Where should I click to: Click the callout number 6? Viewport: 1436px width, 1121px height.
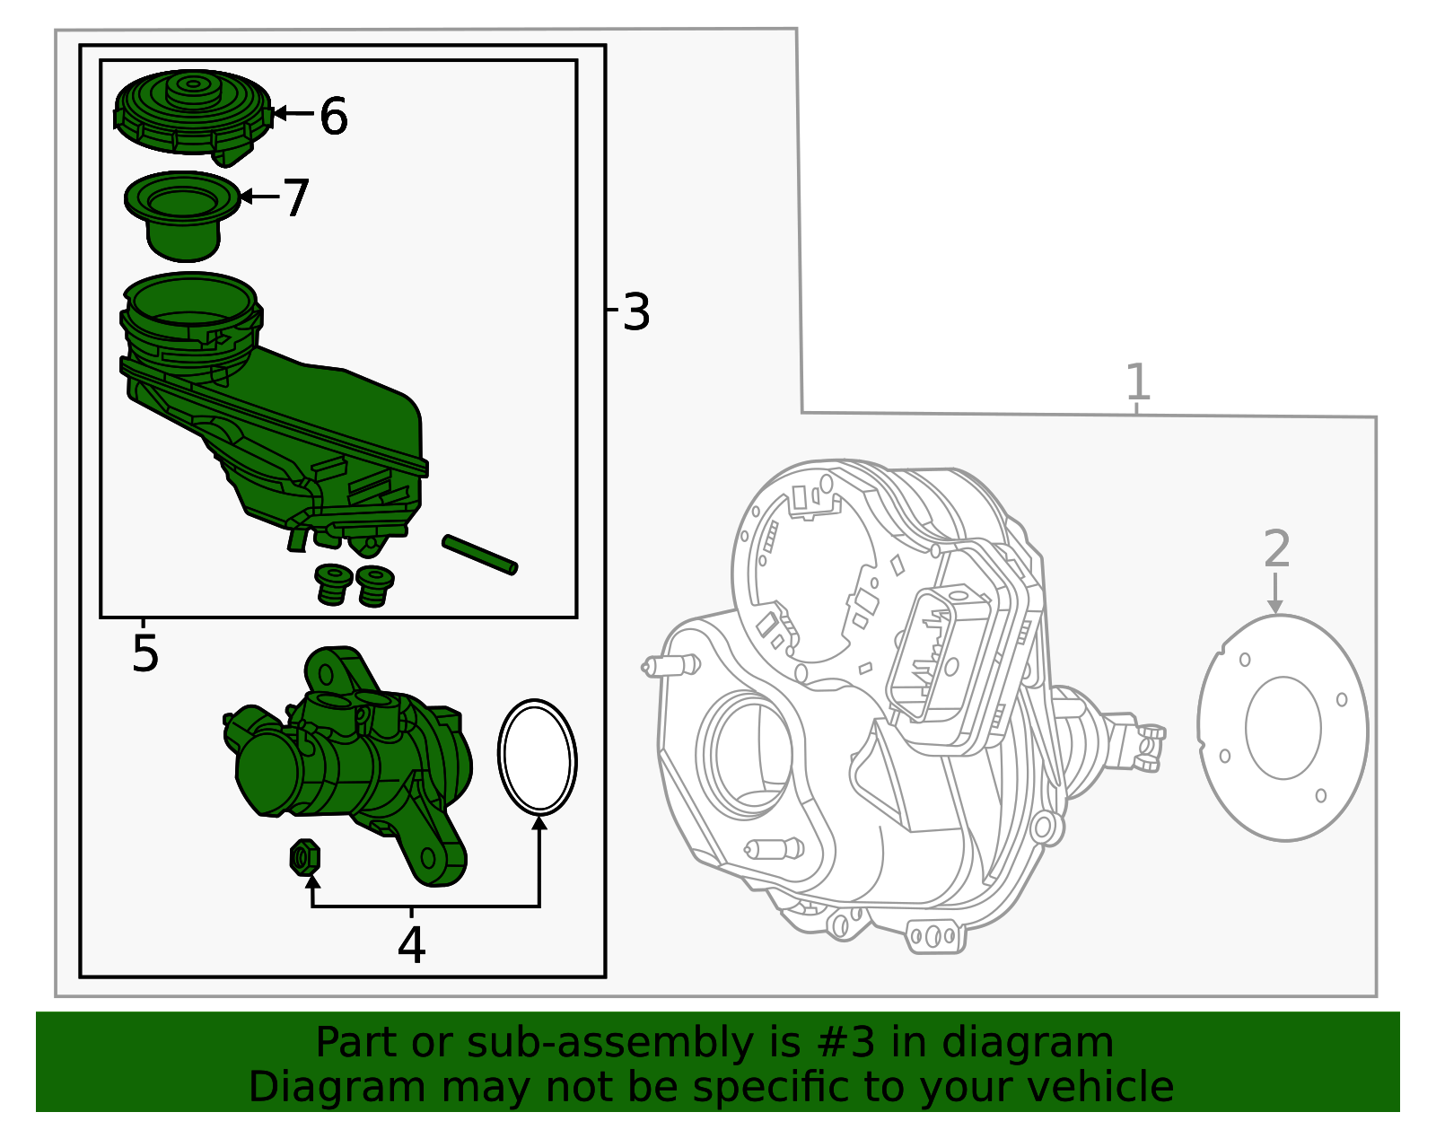coord(334,117)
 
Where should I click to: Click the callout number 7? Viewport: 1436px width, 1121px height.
coord(296,197)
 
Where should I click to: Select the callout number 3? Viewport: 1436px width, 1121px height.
coord(636,311)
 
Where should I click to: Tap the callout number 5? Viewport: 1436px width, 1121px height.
coord(145,653)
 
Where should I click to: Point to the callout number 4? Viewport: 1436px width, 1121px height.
coord(411,944)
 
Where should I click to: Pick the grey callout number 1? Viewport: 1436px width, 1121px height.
coord(1137,381)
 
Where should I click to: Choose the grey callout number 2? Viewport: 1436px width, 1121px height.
coord(1277,548)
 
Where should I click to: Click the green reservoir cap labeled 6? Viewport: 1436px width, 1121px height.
coord(193,117)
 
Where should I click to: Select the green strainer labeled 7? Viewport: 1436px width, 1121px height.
coord(182,216)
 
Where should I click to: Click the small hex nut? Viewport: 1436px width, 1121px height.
coord(304,857)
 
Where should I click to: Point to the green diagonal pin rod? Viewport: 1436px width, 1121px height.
coord(480,555)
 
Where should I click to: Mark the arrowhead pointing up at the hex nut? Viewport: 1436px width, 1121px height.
coord(312,882)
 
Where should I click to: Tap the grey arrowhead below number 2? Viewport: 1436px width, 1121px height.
coord(1275,607)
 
